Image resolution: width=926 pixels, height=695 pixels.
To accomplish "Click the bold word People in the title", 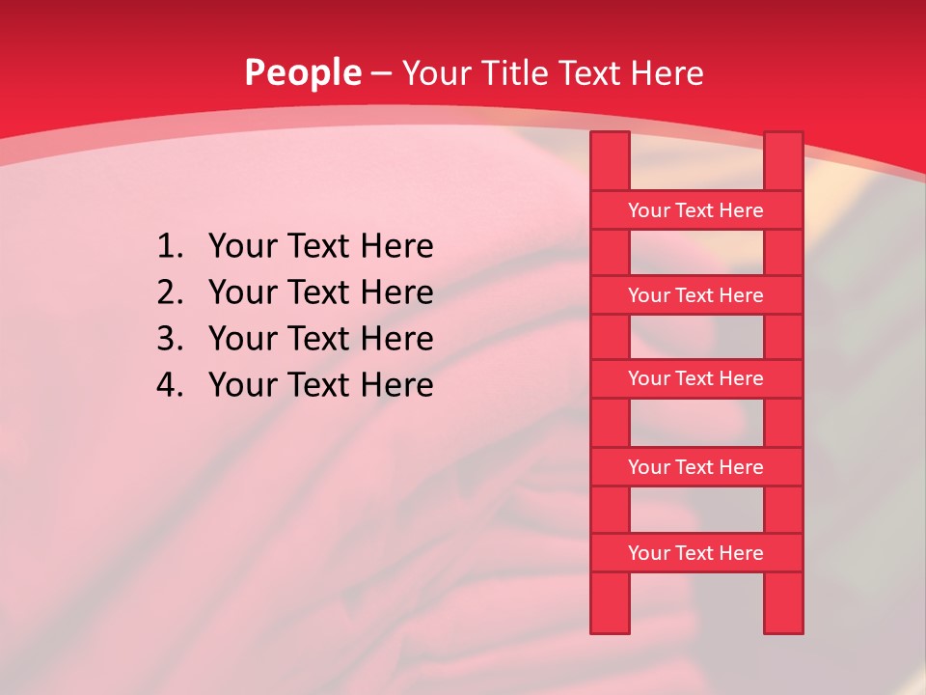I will pyautogui.click(x=303, y=72).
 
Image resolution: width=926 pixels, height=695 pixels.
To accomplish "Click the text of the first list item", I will pyautogui.click(x=320, y=247).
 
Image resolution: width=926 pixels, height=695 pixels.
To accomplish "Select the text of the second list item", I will pyautogui.click(x=320, y=292).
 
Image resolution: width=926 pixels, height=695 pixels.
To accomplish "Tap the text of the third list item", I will pyautogui.click(x=320, y=339).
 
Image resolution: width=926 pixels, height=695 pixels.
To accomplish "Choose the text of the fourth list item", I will pyautogui.click(x=320, y=385).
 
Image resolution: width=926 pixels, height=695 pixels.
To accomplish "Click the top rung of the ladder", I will pyautogui.click(x=695, y=210).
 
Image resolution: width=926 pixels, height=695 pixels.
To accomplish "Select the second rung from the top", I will pyautogui.click(x=695, y=295).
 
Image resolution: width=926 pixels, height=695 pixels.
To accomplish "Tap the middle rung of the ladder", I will pyautogui.click(x=695, y=379).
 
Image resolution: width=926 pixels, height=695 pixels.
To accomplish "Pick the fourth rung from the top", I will pyautogui.click(x=695, y=467).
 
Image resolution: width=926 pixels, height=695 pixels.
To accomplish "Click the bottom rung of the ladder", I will pyautogui.click(x=695, y=553).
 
